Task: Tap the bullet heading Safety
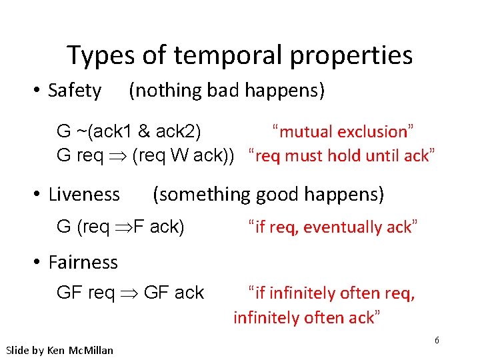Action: (75, 91)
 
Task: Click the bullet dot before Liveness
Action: (39, 195)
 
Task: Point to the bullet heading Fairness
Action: (83, 262)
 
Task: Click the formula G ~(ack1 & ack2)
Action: (130, 131)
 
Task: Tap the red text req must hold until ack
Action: (341, 156)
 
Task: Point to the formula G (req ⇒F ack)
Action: (121, 227)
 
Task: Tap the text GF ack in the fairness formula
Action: (174, 292)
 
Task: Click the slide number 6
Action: (437, 340)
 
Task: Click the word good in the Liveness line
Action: (279, 195)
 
